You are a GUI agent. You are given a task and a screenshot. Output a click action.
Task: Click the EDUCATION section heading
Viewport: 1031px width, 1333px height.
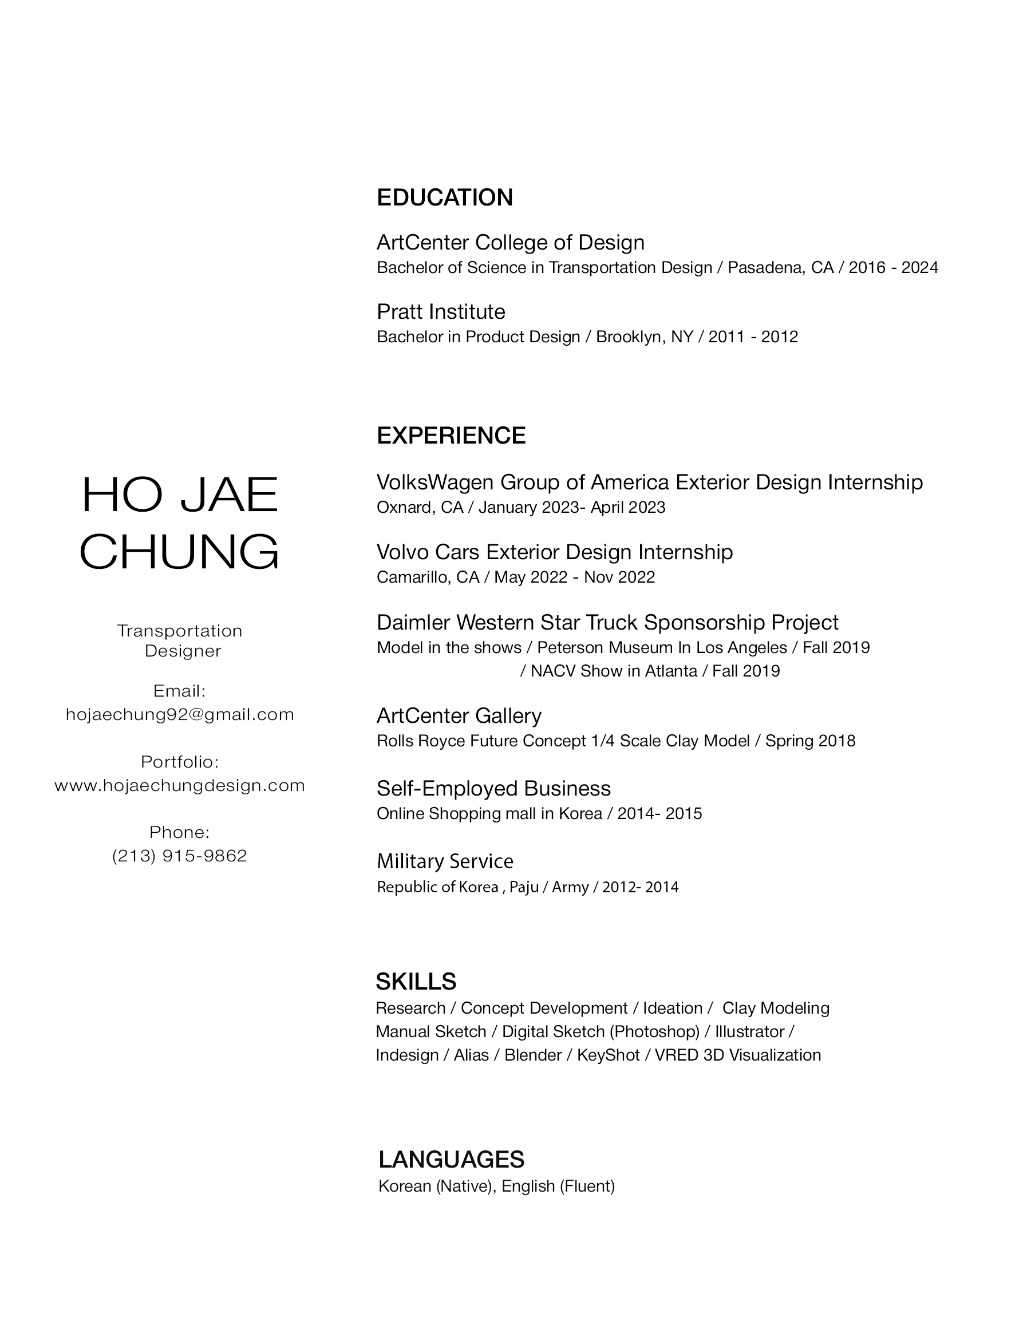coord(444,198)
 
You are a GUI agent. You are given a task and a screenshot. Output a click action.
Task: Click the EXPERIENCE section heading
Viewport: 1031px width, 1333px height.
coord(451,436)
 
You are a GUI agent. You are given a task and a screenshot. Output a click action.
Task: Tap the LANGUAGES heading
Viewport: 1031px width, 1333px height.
coord(451,1160)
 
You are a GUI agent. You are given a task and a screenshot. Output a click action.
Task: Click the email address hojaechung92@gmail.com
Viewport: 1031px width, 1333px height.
coord(180,715)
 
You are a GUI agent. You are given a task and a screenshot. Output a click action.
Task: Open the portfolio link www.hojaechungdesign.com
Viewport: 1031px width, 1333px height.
coord(180,785)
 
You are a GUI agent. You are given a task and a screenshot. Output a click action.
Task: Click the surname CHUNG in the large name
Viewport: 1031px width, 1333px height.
coord(179,552)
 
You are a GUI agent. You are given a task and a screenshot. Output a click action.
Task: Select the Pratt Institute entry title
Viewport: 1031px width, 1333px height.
coord(441,312)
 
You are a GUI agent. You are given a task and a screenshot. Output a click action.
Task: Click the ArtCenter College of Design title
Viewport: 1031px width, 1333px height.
coord(510,243)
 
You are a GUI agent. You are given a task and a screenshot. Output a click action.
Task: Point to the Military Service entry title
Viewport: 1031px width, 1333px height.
coord(445,861)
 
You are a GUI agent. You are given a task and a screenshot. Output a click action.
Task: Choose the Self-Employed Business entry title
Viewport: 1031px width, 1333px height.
coord(493,789)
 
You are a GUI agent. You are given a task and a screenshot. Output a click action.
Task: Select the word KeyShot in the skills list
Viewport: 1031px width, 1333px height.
coord(608,1055)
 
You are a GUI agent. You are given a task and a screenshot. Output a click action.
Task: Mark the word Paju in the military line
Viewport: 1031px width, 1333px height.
coord(523,888)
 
